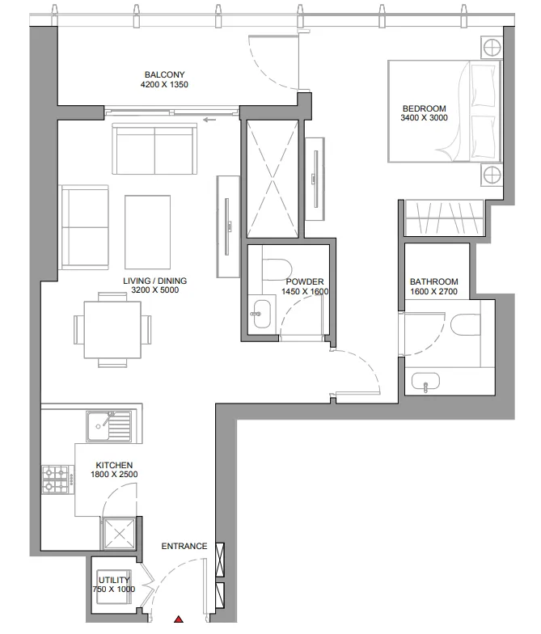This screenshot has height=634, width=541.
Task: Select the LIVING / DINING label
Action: point(154,281)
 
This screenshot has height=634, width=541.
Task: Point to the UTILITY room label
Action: point(113,580)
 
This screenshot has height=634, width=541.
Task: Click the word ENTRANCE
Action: point(184,546)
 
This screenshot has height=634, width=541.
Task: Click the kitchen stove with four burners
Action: point(58,479)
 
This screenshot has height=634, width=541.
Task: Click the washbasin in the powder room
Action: point(260,315)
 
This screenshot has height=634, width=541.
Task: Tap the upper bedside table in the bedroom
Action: point(491,47)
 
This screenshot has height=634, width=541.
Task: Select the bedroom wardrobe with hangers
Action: point(443,218)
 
